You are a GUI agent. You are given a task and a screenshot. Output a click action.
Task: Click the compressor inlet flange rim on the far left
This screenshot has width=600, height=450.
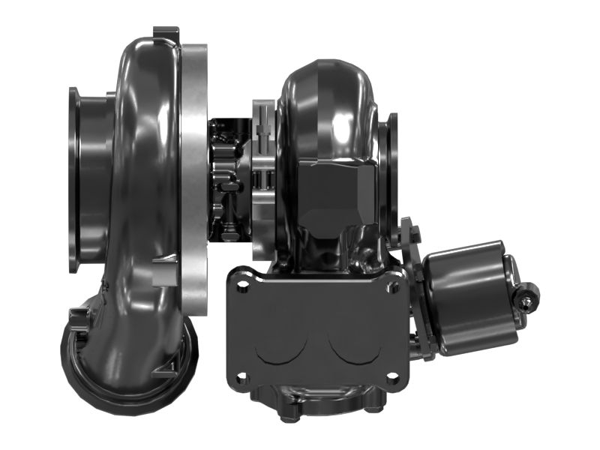[x=74, y=180]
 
